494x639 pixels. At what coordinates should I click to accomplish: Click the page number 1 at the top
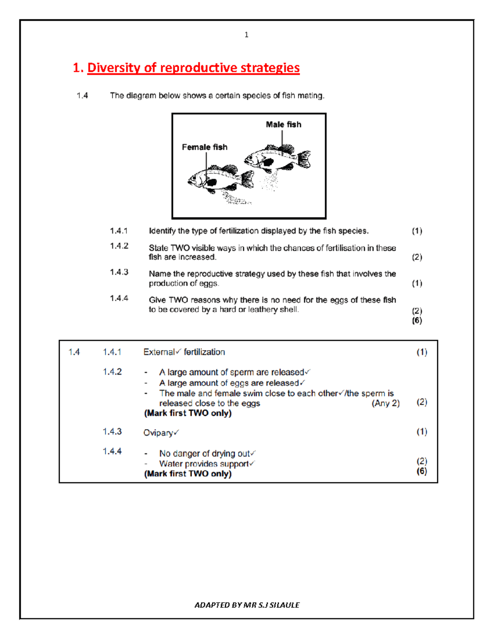[x=246, y=35]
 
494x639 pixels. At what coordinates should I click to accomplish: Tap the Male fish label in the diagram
[x=283, y=124]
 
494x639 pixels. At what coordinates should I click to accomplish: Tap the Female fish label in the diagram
[x=205, y=147]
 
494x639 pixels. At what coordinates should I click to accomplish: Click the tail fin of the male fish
[x=304, y=159]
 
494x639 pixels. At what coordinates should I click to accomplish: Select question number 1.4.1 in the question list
[x=119, y=231]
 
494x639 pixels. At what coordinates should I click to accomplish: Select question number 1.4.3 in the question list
[x=119, y=272]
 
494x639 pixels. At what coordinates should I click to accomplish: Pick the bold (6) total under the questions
[x=417, y=321]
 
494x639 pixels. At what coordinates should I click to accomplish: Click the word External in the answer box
[x=158, y=352]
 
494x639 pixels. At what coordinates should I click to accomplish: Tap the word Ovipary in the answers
[x=158, y=433]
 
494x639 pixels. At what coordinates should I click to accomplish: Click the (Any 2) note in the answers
[x=385, y=403]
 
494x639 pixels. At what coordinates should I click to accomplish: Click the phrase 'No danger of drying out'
[x=205, y=453]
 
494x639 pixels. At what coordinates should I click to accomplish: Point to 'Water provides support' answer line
[x=204, y=464]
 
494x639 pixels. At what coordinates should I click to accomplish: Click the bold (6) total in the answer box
[x=422, y=471]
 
